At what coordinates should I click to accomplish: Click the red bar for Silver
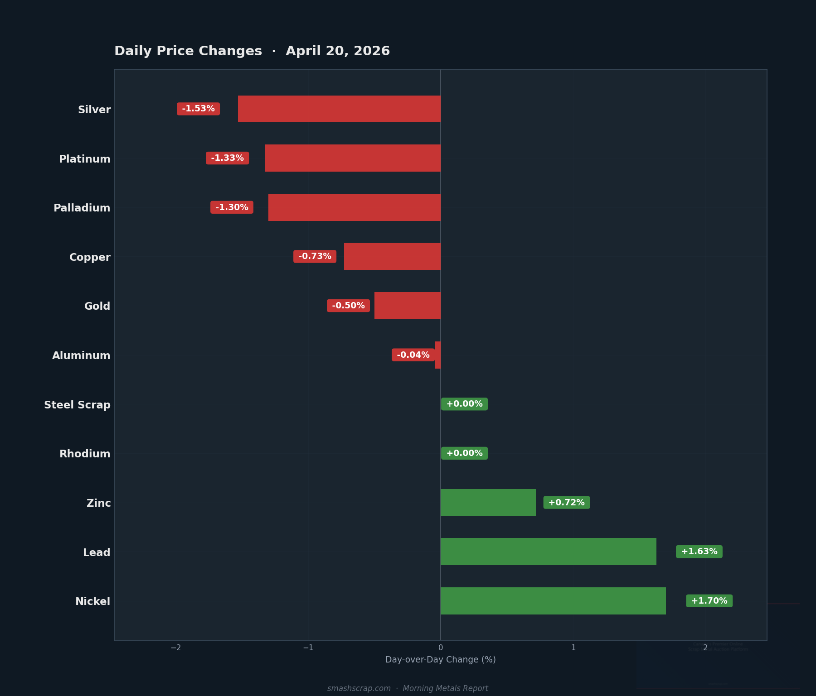point(339,109)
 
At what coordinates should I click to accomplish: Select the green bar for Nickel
point(553,601)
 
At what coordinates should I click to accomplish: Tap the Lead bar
point(548,552)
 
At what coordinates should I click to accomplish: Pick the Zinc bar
point(488,502)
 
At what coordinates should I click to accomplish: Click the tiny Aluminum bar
point(438,355)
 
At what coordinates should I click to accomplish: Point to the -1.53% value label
point(198,109)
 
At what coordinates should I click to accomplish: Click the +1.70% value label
point(709,601)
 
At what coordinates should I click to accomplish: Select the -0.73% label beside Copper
point(315,256)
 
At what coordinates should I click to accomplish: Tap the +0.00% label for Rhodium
point(464,453)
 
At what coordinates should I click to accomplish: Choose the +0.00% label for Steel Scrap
point(464,404)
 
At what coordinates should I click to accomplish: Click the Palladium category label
point(82,208)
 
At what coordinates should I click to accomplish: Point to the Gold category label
point(97,306)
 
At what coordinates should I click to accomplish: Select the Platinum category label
point(85,159)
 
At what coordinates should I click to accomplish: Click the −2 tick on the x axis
point(175,648)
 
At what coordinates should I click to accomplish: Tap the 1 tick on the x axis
point(573,648)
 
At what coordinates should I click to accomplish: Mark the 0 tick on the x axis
point(441,648)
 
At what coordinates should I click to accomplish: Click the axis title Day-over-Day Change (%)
point(440,660)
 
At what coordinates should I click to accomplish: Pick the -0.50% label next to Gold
point(348,306)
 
